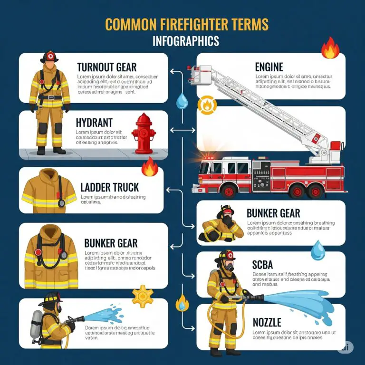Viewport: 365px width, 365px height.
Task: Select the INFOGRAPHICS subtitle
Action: point(186,41)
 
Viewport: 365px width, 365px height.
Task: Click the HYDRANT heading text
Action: point(95,123)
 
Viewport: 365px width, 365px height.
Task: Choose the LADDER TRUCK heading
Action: point(109,187)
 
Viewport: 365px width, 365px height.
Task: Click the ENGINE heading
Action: point(269,67)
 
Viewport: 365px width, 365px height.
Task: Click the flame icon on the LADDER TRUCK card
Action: point(149,167)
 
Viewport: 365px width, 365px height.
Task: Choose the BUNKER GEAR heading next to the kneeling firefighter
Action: point(273,212)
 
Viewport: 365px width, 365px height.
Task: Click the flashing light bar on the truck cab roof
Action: point(211,157)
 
